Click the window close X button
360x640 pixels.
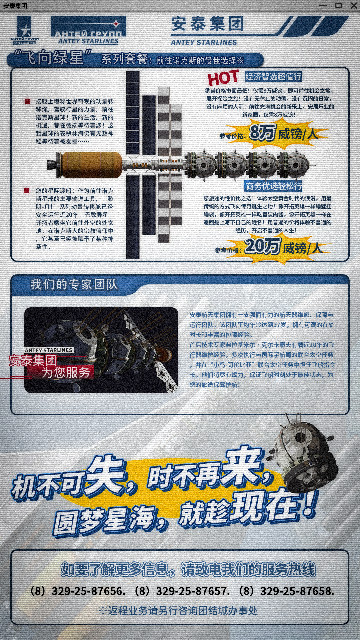pyautogui.click(x=354, y=5)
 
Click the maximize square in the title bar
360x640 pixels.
pyautogui.click(x=339, y=5)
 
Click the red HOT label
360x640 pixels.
pyautogui.click(x=223, y=78)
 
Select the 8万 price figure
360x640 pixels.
pyautogui.click(x=262, y=132)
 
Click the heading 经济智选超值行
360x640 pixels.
pyautogui.click(x=273, y=76)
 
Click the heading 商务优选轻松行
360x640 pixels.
pyautogui.click(x=274, y=186)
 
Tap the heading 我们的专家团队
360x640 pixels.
pyautogui.click(x=74, y=285)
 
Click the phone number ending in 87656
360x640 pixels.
pyautogui.click(x=78, y=591)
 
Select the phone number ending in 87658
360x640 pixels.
pyautogui.click(x=286, y=591)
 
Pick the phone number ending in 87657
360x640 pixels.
pyautogui.click(x=182, y=591)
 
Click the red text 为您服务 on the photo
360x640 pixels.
pyautogui.click(x=66, y=372)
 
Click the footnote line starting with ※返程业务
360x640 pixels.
pyautogui.click(x=178, y=611)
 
